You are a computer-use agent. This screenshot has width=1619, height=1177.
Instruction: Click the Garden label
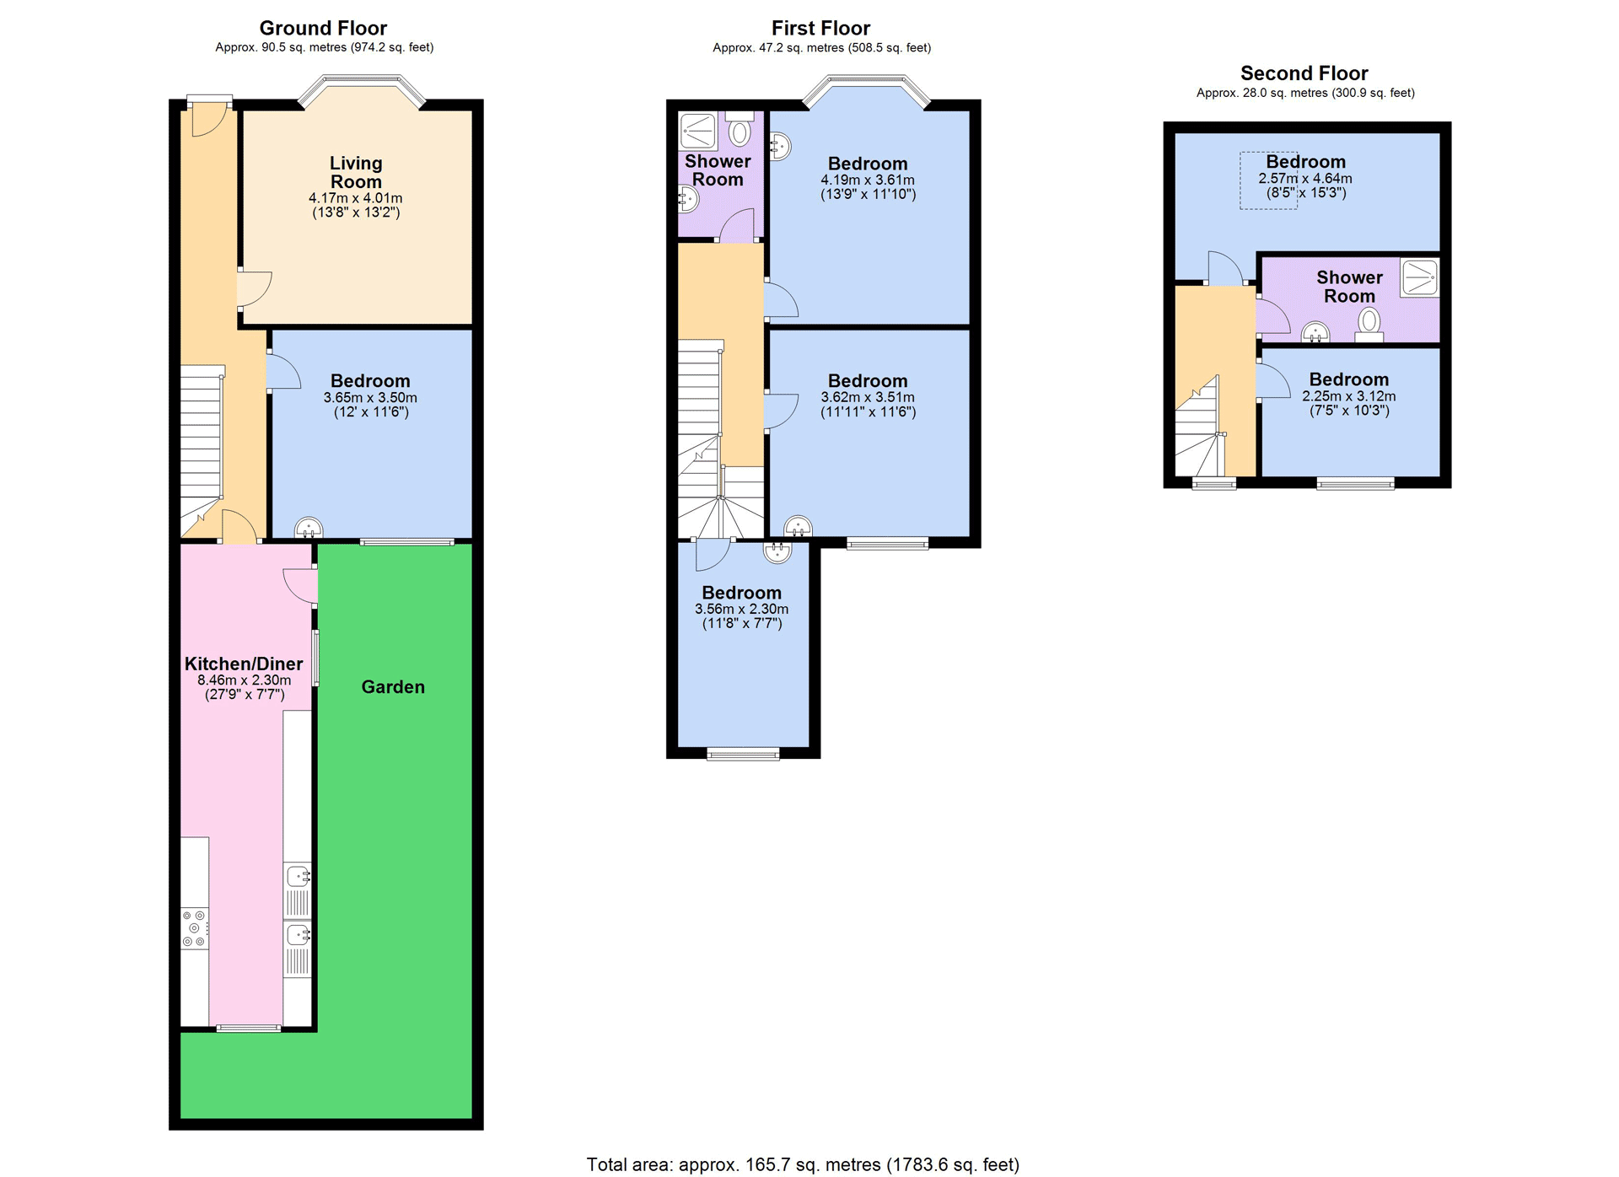(x=393, y=687)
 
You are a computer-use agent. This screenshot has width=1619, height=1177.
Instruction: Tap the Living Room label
(x=356, y=173)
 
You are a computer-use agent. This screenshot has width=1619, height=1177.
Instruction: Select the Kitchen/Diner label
(x=244, y=664)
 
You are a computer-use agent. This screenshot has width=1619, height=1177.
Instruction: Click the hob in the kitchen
(x=195, y=928)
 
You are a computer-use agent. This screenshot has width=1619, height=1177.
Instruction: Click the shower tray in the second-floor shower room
(x=1420, y=278)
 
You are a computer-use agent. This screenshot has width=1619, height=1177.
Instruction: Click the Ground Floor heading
(x=324, y=28)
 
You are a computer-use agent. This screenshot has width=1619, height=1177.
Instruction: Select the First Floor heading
(x=821, y=28)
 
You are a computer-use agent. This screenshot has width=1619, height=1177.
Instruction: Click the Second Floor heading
(x=1304, y=73)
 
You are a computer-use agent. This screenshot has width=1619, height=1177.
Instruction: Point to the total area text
(x=803, y=1164)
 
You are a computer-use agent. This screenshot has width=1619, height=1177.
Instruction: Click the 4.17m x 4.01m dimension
(x=356, y=198)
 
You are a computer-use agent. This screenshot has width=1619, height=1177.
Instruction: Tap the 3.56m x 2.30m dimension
(x=742, y=609)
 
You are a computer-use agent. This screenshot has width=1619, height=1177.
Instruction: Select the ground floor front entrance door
(x=209, y=118)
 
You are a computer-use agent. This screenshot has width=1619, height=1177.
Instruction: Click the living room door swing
(x=254, y=289)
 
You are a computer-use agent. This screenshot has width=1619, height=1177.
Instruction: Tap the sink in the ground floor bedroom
(x=309, y=528)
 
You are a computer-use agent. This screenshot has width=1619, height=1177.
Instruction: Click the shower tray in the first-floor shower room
(x=698, y=131)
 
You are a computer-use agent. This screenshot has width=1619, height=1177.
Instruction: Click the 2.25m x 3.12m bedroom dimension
(x=1349, y=396)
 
